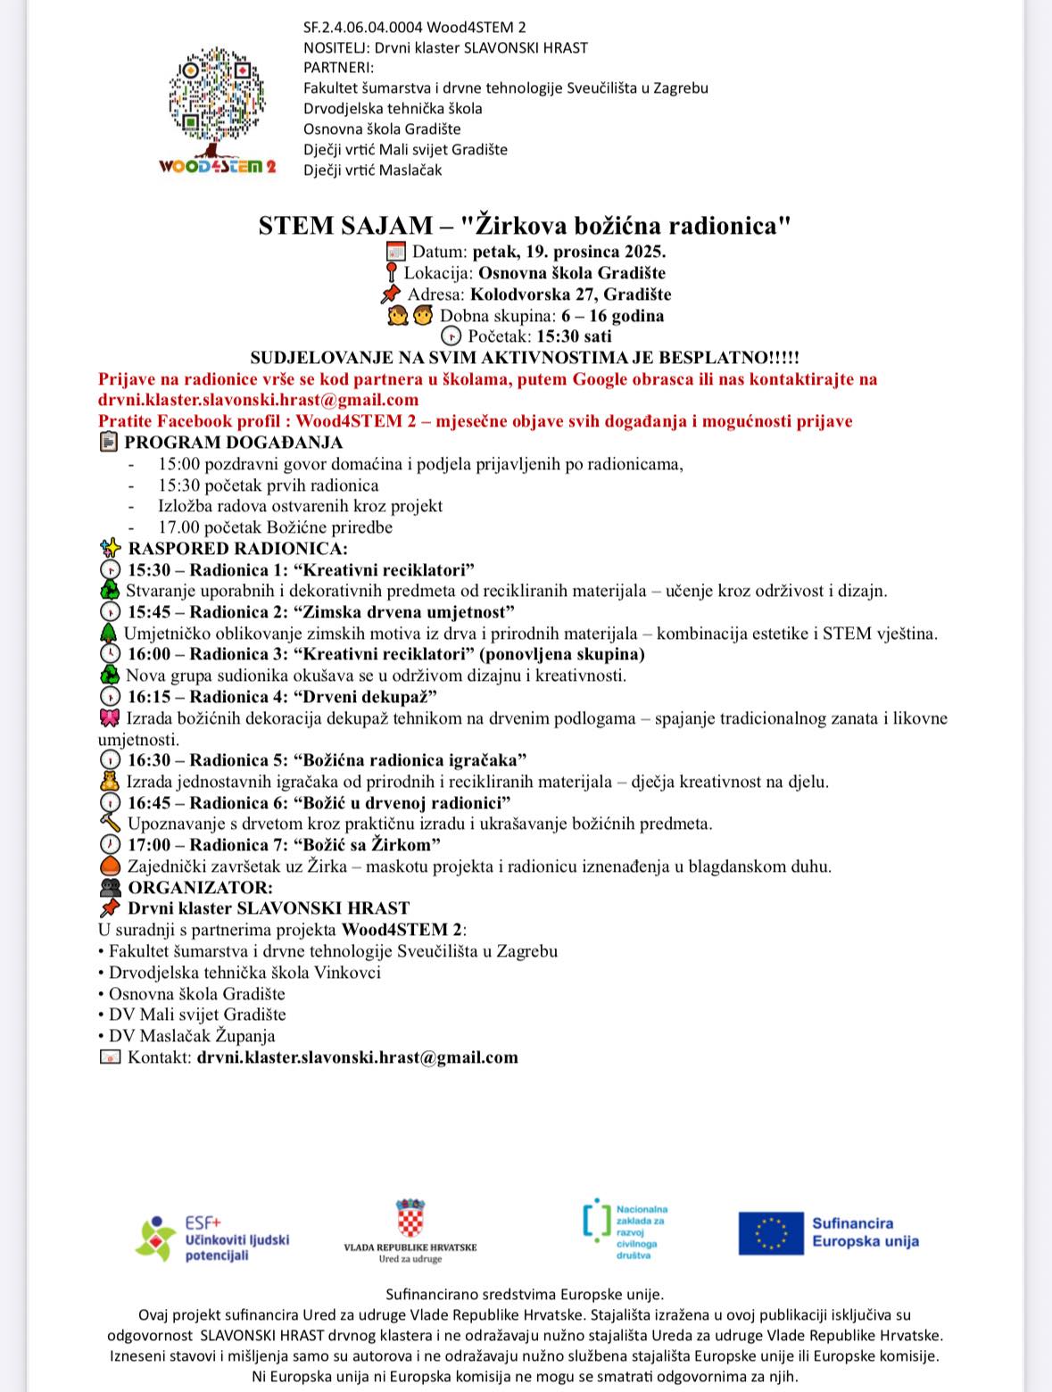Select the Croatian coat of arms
click(410, 1217)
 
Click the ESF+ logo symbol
click(154, 1238)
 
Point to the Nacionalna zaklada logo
click(625, 1230)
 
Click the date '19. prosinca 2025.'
click(569, 251)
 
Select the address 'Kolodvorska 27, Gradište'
click(570, 294)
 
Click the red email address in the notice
click(258, 400)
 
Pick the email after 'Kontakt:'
click(357, 1057)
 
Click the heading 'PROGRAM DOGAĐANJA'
click(233, 442)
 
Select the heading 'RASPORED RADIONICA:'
click(237, 548)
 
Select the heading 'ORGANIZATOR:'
click(200, 887)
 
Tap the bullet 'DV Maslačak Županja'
click(192, 1036)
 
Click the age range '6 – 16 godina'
click(612, 315)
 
